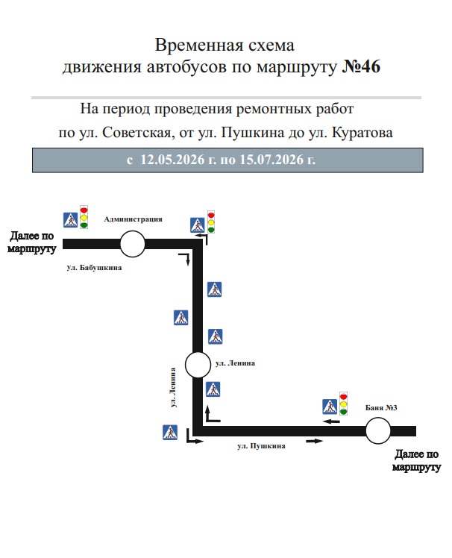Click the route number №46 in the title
pyautogui.click(x=361, y=66)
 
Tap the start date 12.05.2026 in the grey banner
pyautogui.click(x=172, y=160)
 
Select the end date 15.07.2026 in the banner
pyautogui.click(x=271, y=160)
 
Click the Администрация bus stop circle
pyautogui.click(x=133, y=244)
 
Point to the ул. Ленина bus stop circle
pyautogui.click(x=198, y=365)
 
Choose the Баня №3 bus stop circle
pyautogui.click(x=378, y=430)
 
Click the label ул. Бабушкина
pyautogui.click(x=94, y=267)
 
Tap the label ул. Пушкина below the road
pyautogui.click(x=261, y=445)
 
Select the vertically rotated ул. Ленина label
pyautogui.click(x=173, y=387)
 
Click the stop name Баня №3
pyautogui.click(x=381, y=407)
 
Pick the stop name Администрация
pyautogui.click(x=133, y=219)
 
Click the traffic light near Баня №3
pyautogui.click(x=343, y=404)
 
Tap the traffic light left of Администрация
pyautogui.click(x=84, y=217)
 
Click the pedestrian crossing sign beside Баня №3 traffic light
pyautogui.click(x=330, y=407)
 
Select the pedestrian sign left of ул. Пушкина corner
pyautogui.click(x=170, y=433)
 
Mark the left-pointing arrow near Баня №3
pyautogui.click(x=331, y=421)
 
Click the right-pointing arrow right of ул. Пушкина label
pyautogui.click(x=314, y=442)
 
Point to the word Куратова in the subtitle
pyautogui.click(x=362, y=133)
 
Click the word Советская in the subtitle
pyautogui.click(x=136, y=133)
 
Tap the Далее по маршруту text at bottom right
pyautogui.click(x=416, y=460)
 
